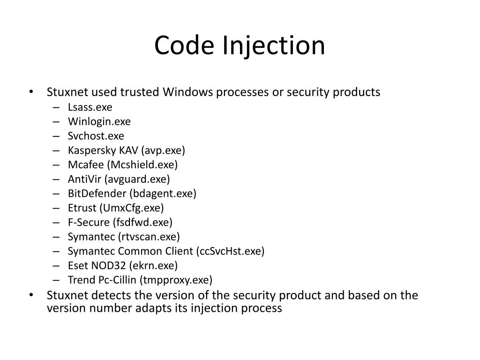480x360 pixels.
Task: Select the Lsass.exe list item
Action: point(90,107)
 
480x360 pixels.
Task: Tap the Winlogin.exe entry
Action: point(99,121)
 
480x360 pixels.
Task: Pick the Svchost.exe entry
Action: point(96,136)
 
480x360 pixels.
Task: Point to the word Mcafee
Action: point(86,165)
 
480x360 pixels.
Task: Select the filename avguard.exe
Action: point(137,179)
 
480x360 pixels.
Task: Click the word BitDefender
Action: point(97,194)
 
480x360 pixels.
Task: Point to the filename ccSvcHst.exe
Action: point(230,251)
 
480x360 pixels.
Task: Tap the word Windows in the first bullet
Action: point(188,92)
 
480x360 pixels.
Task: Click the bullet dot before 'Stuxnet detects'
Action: point(31,296)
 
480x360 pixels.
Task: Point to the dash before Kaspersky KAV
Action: point(56,150)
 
